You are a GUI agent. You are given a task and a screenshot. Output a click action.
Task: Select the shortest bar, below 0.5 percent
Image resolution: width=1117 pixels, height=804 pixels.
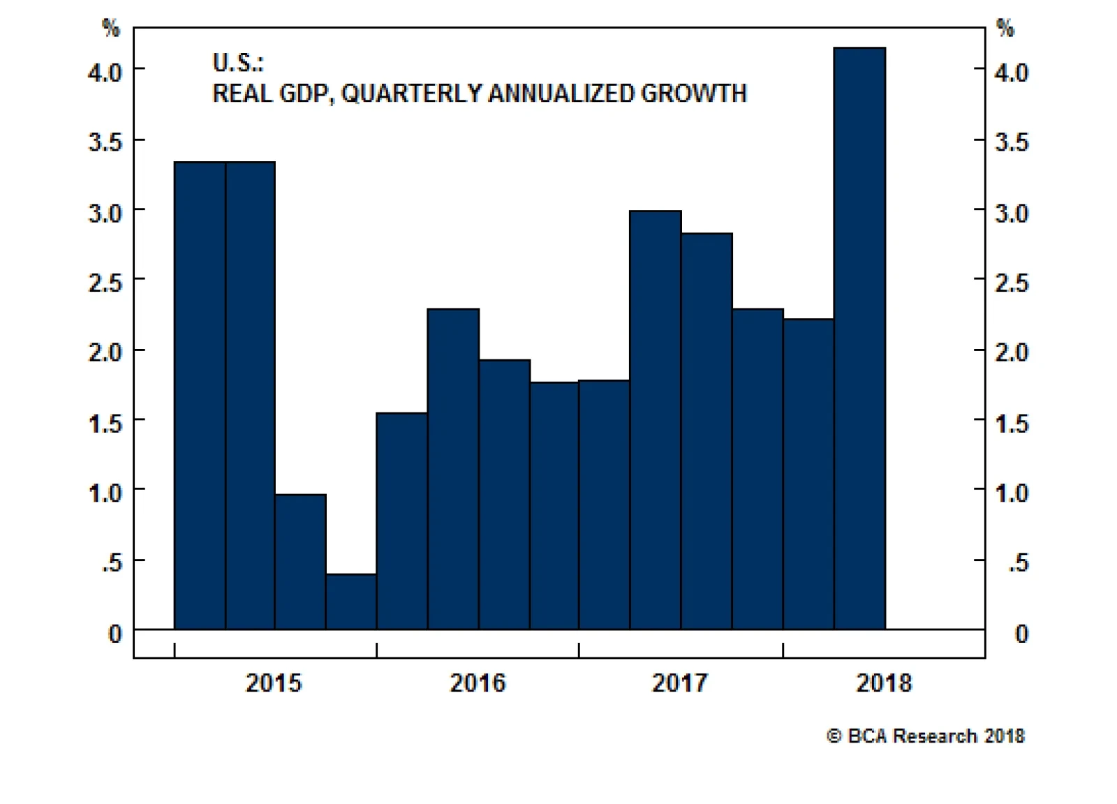pos(351,601)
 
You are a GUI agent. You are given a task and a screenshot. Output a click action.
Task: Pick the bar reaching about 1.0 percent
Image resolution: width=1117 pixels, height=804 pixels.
pos(300,561)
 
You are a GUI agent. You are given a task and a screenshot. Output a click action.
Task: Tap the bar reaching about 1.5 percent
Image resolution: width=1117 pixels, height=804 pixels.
pos(402,521)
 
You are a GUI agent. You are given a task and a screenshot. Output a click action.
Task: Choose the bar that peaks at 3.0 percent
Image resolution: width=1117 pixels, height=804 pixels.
pos(656,419)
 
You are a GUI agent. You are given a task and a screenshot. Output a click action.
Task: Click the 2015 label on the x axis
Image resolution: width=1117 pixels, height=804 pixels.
pos(274,683)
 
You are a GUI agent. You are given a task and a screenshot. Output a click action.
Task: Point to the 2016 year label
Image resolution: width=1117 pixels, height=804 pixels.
pos(478,683)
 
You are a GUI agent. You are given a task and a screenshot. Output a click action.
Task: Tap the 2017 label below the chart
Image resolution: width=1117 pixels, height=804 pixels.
pos(680,683)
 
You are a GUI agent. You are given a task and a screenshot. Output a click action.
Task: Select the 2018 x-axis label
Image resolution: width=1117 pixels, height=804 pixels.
pos(884,683)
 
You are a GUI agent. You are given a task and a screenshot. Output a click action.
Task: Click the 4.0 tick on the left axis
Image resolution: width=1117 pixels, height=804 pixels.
pos(105,72)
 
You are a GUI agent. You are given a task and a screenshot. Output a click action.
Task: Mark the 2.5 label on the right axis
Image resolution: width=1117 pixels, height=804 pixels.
pos(1012,283)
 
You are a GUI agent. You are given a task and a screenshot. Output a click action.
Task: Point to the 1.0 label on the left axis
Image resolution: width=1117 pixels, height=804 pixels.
pos(105,493)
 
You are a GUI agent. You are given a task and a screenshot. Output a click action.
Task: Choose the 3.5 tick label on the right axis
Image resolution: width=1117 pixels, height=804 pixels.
pos(1012,142)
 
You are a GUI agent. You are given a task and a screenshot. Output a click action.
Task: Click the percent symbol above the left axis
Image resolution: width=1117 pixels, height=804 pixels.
pos(111,28)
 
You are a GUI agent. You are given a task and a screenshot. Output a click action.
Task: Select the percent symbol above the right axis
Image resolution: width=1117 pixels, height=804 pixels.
pos(1005,28)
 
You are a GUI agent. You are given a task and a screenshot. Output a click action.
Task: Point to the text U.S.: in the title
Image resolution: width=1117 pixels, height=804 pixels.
pos(238,63)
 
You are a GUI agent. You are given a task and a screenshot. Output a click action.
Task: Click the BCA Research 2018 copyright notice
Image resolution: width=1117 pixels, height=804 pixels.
pos(926,736)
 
